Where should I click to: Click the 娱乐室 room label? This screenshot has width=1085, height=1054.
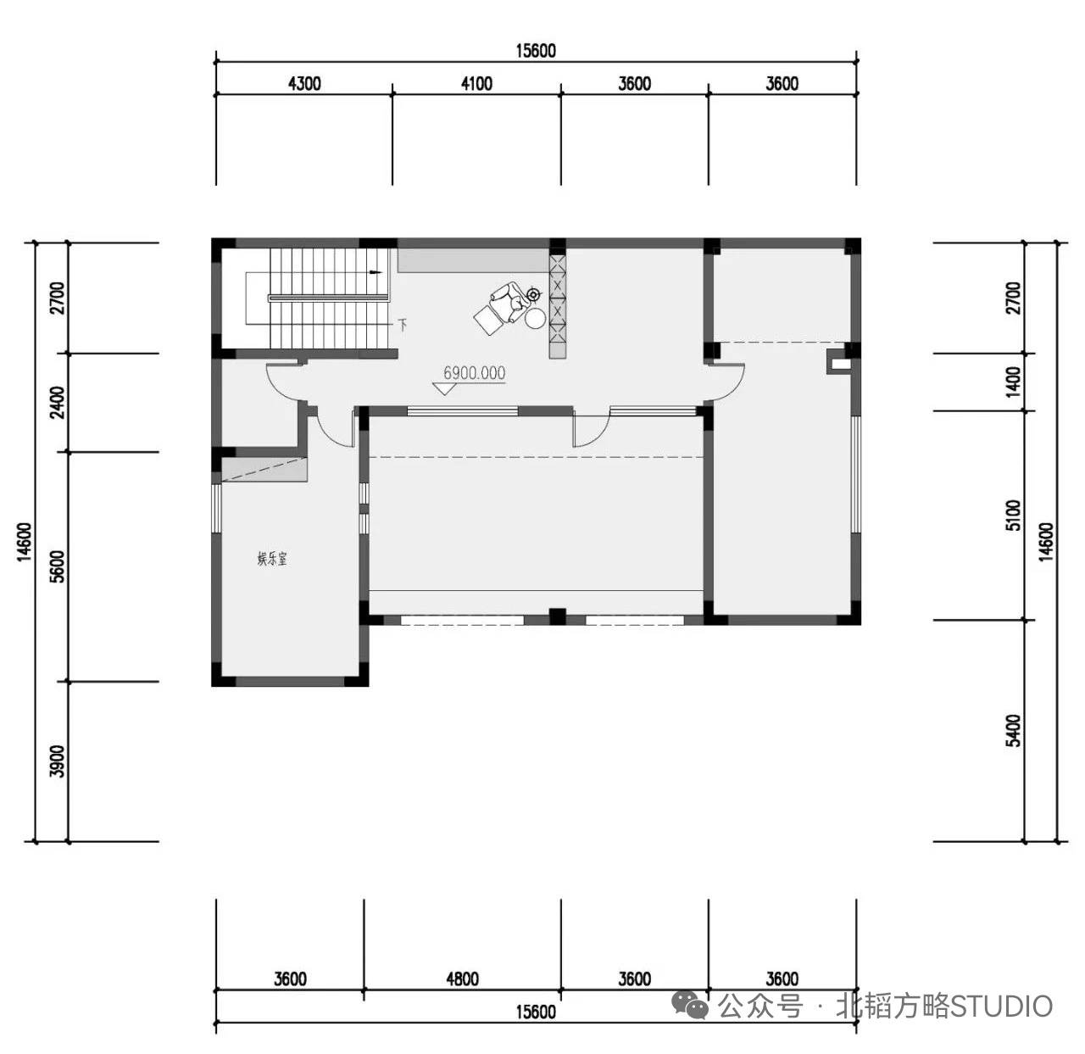click(272, 559)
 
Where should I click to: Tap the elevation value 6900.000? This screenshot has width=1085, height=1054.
click(474, 372)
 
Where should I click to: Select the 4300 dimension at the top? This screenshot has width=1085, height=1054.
click(304, 84)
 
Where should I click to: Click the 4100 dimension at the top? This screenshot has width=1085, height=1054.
click(476, 84)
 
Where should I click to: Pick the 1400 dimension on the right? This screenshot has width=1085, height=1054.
click(1014, 382)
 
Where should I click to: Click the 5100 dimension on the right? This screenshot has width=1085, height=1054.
click(1014, 516)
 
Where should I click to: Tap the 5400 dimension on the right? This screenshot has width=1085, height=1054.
click(1014, 731)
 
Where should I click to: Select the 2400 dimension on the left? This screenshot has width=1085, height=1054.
click(57, 402)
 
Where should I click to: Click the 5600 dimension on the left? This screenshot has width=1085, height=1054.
click(57, 566)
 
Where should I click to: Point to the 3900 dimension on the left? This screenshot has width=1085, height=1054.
click(57, 761)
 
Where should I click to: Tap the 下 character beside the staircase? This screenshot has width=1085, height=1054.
click(403, 324)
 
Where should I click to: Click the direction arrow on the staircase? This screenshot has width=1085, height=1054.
click(377, 272)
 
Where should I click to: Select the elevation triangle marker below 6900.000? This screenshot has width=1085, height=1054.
click(444, 388)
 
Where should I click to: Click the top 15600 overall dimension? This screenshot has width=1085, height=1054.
click(535, 51)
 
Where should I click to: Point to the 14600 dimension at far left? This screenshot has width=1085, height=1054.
click(24, 542)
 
